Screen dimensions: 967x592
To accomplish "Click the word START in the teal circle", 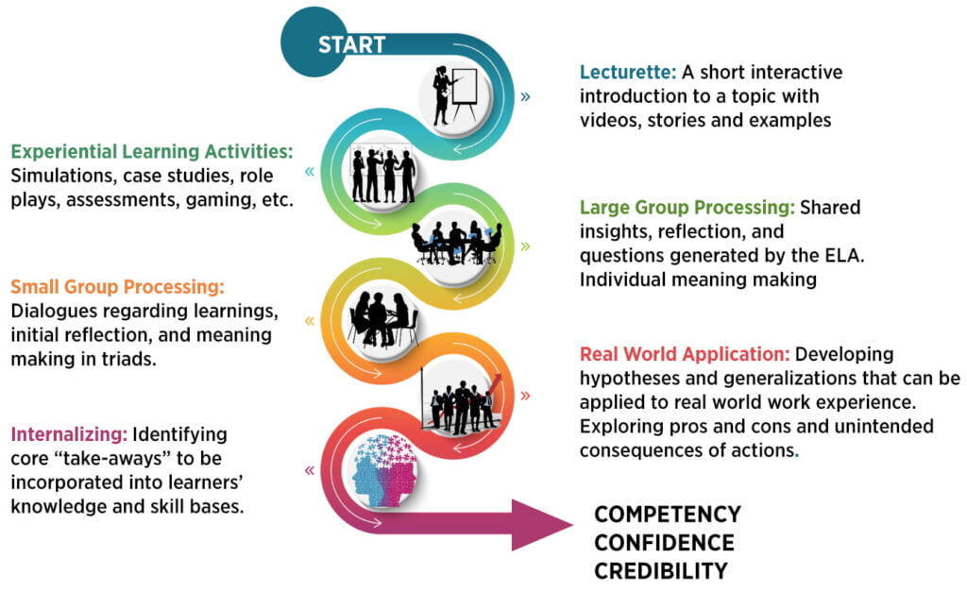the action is [x=351, y=44].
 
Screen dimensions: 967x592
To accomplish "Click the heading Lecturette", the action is [x=628, y=72].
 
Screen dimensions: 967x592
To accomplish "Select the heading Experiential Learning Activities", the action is [x=152, y=152].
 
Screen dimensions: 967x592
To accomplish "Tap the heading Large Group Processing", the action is [x=687, y=207].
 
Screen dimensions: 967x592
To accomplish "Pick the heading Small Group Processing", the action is [x=117, y=287].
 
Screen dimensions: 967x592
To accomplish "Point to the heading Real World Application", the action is [x=685, y=354].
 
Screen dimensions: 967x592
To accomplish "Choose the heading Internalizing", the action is [x=69, y=434].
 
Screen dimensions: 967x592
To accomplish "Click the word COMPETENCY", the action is [x=668, y=515].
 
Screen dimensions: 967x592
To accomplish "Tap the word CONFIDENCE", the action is [x=664, y=543].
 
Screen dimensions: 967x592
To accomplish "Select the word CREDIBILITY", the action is [x=660, y=571].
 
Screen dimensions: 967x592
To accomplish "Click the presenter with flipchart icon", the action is [x=455, y=95].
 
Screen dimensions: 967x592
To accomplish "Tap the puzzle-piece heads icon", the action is [x=384, y=470].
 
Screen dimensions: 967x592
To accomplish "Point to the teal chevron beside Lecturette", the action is [x=525, y=97].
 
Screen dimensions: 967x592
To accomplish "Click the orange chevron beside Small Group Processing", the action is [x=310, y=321].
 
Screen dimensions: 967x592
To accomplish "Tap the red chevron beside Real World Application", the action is [x=525, y=396].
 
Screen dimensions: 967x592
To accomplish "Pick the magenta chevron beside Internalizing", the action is [x=310, y=471].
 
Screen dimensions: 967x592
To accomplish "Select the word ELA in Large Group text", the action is [x=843, y=255].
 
